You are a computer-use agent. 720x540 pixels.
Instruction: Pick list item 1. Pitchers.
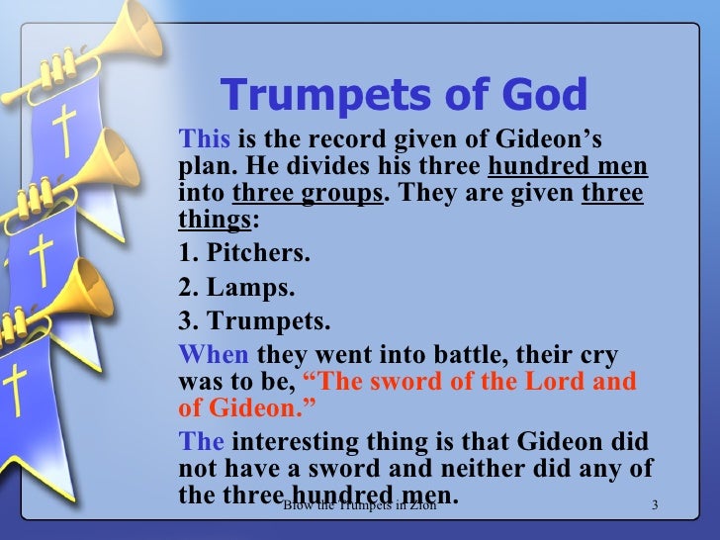click(242, 252)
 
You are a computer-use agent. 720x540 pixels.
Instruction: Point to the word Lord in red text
click(552, 383)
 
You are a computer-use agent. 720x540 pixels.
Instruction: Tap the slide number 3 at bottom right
click(655, 507)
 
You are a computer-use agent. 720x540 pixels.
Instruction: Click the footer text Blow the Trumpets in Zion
click(359, 507)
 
